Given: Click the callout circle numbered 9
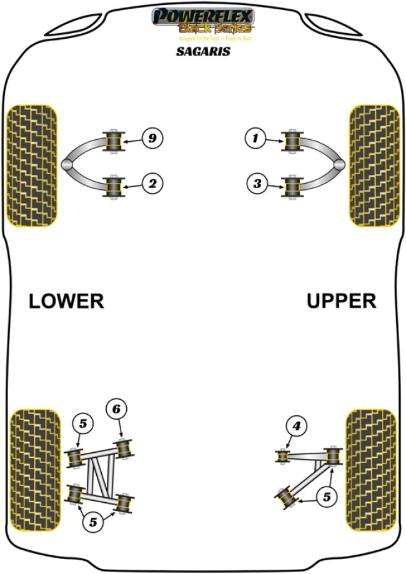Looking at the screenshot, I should (151, 138).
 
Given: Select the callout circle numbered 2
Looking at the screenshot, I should (151, 184).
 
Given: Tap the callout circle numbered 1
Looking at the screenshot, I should (255, 138).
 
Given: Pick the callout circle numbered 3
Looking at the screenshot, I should (255, 184).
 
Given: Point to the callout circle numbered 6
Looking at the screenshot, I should (116, 410).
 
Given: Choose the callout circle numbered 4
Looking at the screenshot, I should (296, 427).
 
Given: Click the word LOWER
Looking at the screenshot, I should (66, 302).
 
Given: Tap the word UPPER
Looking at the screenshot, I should (341, 302).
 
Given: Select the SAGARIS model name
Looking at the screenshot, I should (202, 52).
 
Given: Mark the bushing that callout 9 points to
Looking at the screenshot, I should (114, 140).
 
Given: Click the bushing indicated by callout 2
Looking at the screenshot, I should (114, 186).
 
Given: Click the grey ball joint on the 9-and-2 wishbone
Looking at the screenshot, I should (67, 164).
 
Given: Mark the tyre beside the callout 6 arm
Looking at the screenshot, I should (36, 470).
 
